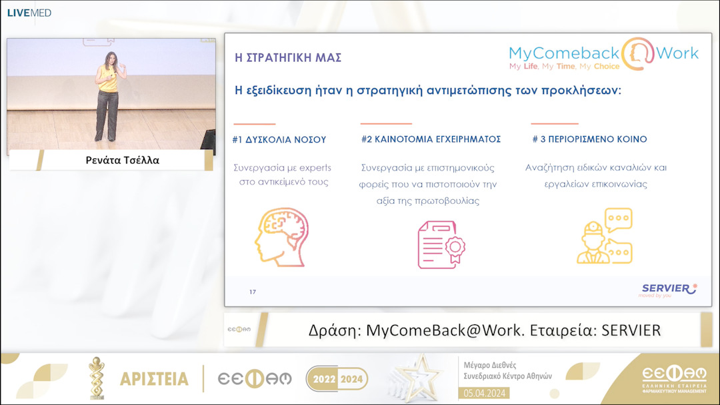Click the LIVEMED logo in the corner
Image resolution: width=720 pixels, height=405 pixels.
pyautogui.click(x=29, y=13)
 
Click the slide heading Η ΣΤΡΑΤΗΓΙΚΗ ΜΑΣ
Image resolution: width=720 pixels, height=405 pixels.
pyautogui.click(x=288, y=58)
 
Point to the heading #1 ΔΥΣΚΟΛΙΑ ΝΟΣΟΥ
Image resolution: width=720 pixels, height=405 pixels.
pyautogui.click(x=279, y=140)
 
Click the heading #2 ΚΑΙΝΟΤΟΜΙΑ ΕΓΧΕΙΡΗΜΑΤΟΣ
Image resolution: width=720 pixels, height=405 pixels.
pyautogui.click(x=431, y=140)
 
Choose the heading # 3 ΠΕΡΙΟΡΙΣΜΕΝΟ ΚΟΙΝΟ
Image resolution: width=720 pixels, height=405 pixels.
pyautogui.click(x=589, y=140)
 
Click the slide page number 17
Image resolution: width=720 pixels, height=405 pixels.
pyautogui.click(x=253, y=292)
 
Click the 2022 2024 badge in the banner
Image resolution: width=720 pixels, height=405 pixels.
pyautogui.click(x=337, y=379)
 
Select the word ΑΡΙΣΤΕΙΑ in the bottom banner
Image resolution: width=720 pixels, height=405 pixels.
pyautogui.click(x=154, y=379)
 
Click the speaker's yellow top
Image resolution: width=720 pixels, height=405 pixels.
pyautogui.click(x=108, y=79)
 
